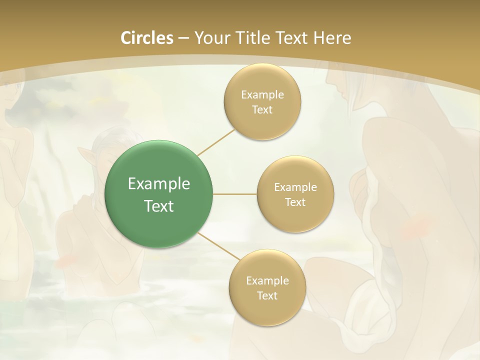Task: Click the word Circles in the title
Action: click(147, 38)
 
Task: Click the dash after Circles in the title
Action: click(183, 38)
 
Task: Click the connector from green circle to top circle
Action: click(216, 142)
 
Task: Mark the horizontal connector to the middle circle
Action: click(234, 194)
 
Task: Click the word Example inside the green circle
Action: click(159, 184)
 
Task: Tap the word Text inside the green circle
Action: click(159, 206)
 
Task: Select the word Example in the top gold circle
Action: click(262, 95)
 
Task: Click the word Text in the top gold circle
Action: click(262, 110)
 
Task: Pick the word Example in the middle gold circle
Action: click(295, 187)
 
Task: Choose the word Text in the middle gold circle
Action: click(295, 202)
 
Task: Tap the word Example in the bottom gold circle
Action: click(267, 281)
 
